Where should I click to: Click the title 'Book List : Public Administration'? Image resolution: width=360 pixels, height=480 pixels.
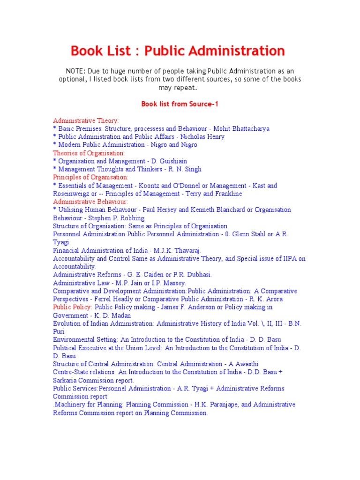coord(177,51)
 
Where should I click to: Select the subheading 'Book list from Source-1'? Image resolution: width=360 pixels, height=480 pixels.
coord(180,104)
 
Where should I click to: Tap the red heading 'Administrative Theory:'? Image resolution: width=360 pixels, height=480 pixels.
coord(86,120)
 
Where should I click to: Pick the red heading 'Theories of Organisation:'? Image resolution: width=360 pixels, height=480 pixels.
coord(89,153)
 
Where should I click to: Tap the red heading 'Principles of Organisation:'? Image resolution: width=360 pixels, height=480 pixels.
coord(90,177)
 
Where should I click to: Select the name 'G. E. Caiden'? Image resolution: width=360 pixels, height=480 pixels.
coord(156,275)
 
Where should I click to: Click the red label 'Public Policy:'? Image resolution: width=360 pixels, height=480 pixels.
coord(72,307)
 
